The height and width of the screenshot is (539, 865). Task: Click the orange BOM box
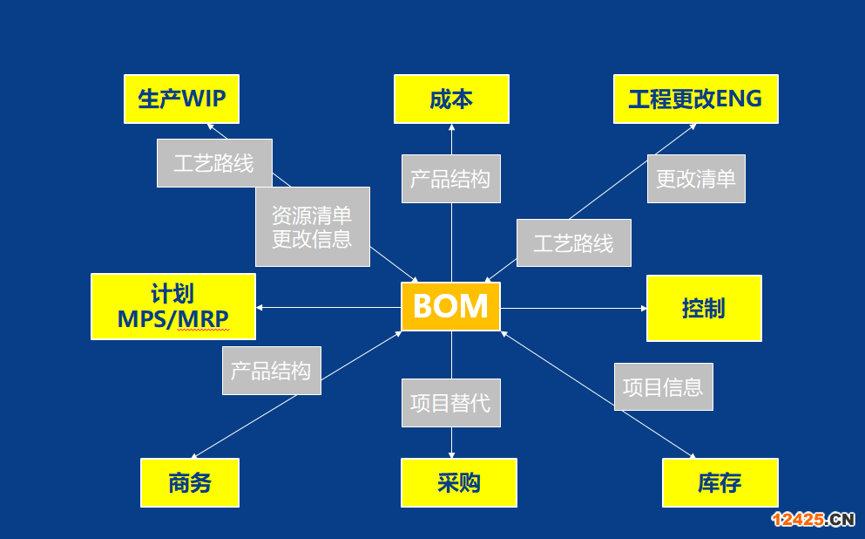pyautogui.click(x=450, y=306)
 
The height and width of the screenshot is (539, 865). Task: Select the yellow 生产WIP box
pyautogui.click(x=181, y=99)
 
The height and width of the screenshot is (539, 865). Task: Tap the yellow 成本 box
pyautogui.click(x=451, y=99)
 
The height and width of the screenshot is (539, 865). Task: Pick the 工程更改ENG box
pyautogui.click(x=696, y=99)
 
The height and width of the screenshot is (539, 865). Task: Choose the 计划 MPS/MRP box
pyautogui.click(x=173, y=306)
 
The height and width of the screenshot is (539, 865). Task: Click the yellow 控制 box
pyautogui.click(x=704, y=308)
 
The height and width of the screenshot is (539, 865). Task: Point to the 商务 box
pyautogui.click(x=190, y=482)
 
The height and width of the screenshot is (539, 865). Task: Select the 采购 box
pyautogui.click(x=459, y=482)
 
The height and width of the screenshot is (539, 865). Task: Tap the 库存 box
pyautogui.click(x=720, y=482)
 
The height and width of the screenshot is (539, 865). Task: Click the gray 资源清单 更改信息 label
pyautogui.click(x=312, y=227)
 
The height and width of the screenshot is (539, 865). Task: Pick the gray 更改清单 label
pyautogui.click(x=696, y=179)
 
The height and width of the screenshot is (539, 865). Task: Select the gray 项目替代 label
pyautogui.click(x=450, y=403)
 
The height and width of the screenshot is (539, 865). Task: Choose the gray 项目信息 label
pyautogui.click(x=664, y=386)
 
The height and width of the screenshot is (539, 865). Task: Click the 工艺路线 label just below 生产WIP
pyautogui.click(x=214, y=163)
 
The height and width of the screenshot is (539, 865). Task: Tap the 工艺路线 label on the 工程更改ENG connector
pyautogui.click(x=574, y=243)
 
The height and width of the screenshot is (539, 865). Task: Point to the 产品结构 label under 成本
pyautogui.click(x=450, y=179)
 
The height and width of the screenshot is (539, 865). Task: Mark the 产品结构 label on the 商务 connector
pyautogui.click(x=272, y=371)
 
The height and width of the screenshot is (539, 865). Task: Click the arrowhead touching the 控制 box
pyautogui.click(x=643, y=308)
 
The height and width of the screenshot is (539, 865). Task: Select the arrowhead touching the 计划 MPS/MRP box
pyautogui.click(x=260, y=307)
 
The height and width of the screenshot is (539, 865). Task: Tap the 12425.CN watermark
pyautogui.click(x=813, y=519)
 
